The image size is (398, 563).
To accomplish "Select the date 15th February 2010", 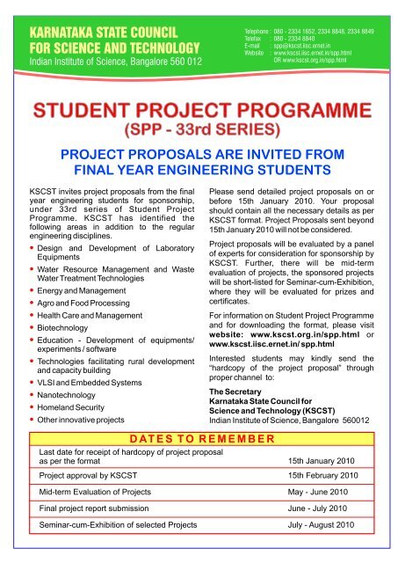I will coord(323,475).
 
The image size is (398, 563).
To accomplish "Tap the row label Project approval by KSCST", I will coord(94,475).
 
